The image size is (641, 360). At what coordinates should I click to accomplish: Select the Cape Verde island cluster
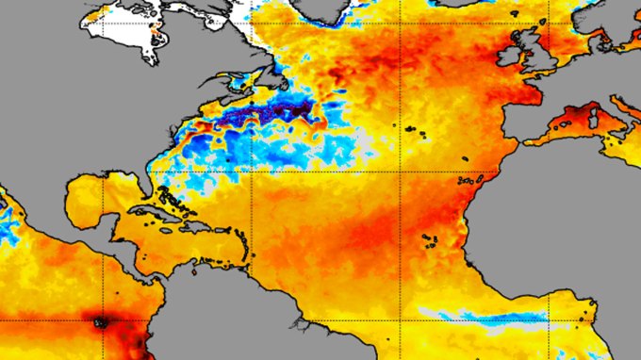[x=428, y=241]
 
